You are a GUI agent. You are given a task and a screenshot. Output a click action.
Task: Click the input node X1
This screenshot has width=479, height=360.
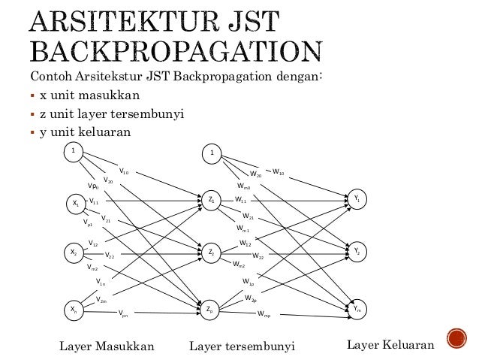pos(74,203)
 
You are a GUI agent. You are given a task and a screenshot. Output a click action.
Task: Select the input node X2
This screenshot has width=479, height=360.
pos(74,253)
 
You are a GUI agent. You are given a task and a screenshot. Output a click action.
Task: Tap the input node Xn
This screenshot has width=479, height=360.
pos(74,309)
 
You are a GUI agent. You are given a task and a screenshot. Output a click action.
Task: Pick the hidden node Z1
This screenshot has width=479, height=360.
pos(212,200)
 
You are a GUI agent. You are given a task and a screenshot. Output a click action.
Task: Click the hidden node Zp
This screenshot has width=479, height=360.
pos(212,309)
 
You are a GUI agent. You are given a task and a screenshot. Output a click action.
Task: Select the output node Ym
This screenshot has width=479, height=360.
pos(357,308)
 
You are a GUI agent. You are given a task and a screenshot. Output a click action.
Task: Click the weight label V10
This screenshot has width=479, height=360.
pos(124,172)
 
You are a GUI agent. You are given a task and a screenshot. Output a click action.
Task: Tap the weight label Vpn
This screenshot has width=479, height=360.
pos(123,316)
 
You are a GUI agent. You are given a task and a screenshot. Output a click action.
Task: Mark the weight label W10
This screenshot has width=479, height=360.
pos(278,172)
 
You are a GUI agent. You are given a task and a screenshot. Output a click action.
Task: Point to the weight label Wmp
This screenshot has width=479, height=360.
pos(264,314)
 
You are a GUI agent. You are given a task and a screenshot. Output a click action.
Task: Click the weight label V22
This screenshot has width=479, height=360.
pos(110,256)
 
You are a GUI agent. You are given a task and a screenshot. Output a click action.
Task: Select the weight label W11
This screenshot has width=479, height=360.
pos(241,201)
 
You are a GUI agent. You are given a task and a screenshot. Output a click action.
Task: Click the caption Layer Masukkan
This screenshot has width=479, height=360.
pos(107,346)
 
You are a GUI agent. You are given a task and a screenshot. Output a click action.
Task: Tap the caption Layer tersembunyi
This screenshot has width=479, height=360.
pos(242,346)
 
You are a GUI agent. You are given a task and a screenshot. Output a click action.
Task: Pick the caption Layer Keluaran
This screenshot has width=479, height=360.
pos(390,345)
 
